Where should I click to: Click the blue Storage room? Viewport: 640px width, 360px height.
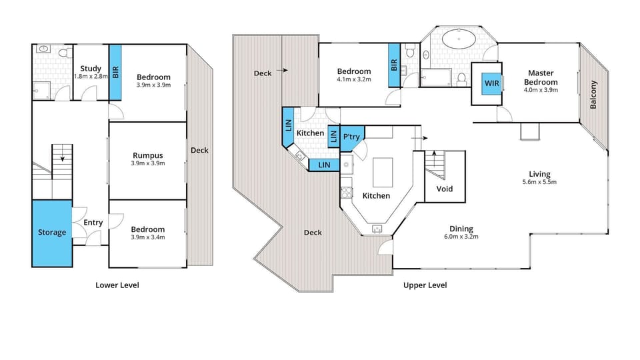(x=51, y=233)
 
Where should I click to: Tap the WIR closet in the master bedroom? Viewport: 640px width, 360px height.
(x=492, y=83)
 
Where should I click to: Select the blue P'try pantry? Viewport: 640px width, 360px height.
(x=351, y=137)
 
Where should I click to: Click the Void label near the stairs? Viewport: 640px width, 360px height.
(x=444, y=189)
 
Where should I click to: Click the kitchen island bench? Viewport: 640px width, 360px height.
(x=383, y=172)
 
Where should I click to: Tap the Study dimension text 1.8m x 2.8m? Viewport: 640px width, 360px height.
(x=90, y=77)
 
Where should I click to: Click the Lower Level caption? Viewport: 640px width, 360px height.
(x=117, y=285)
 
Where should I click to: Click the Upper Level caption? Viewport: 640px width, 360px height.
(x=425, y=285)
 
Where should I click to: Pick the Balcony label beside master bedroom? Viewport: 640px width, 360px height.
(x=593, y=95)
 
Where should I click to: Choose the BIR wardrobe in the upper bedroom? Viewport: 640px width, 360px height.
(x=394, y=65)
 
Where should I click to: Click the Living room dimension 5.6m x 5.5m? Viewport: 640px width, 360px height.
(x=539, y=182)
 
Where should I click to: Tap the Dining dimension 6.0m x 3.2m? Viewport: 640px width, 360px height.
(x=461, y=236)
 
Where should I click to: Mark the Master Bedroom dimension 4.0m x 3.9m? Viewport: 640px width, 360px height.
(x=541, y=89)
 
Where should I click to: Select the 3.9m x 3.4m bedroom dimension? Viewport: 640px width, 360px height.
(x=147, y=237)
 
